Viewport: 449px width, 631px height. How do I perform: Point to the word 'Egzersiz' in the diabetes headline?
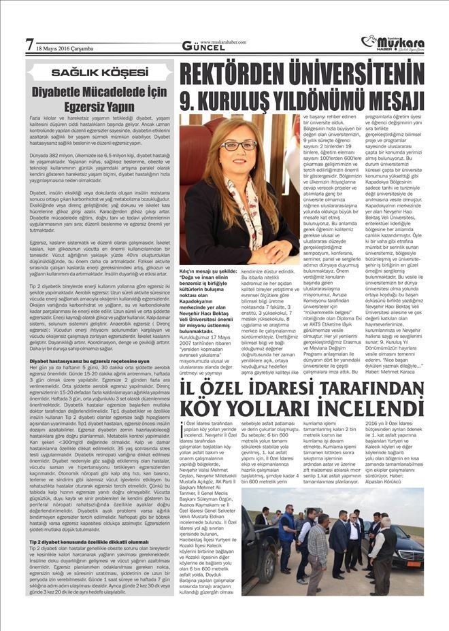point(73,107)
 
